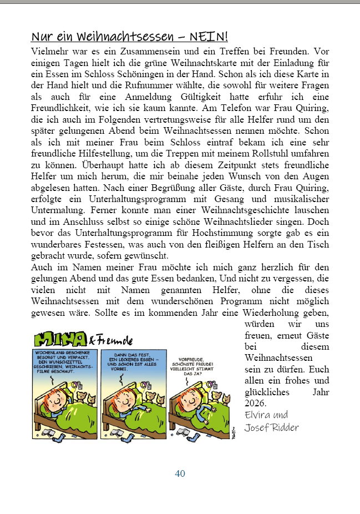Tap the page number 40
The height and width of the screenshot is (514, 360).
pos(180,473)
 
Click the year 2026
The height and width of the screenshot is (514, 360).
pos(255,403)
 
